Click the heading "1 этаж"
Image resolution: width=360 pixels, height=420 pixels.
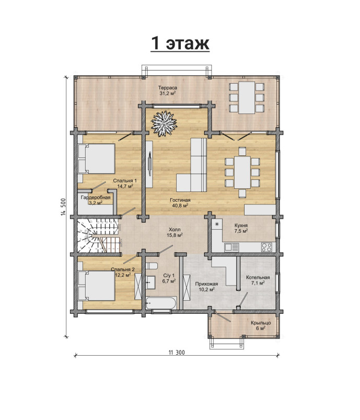pos(180,43)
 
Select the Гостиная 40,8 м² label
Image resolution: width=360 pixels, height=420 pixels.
pos(180,203)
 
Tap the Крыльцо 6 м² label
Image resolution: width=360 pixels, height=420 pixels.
pos(261,325)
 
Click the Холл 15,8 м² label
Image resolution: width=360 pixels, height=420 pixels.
pos(175,232)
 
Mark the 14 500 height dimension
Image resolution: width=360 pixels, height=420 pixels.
pos(63,207)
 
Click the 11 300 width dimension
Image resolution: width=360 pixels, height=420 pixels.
pos(177,353)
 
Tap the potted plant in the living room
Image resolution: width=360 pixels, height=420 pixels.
pos(164,123)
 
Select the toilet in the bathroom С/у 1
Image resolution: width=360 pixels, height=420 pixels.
pos(152,266)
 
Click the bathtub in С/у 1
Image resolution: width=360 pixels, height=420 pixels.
pos(161,303)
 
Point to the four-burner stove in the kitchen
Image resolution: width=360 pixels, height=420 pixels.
pos(266,247)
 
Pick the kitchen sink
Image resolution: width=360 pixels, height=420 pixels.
pos(232,247)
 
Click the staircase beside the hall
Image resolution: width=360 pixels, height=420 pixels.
pos(98,236)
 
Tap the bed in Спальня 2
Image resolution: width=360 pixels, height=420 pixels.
pos(96,286)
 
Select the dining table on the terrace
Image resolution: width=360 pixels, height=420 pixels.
pos(247,98)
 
